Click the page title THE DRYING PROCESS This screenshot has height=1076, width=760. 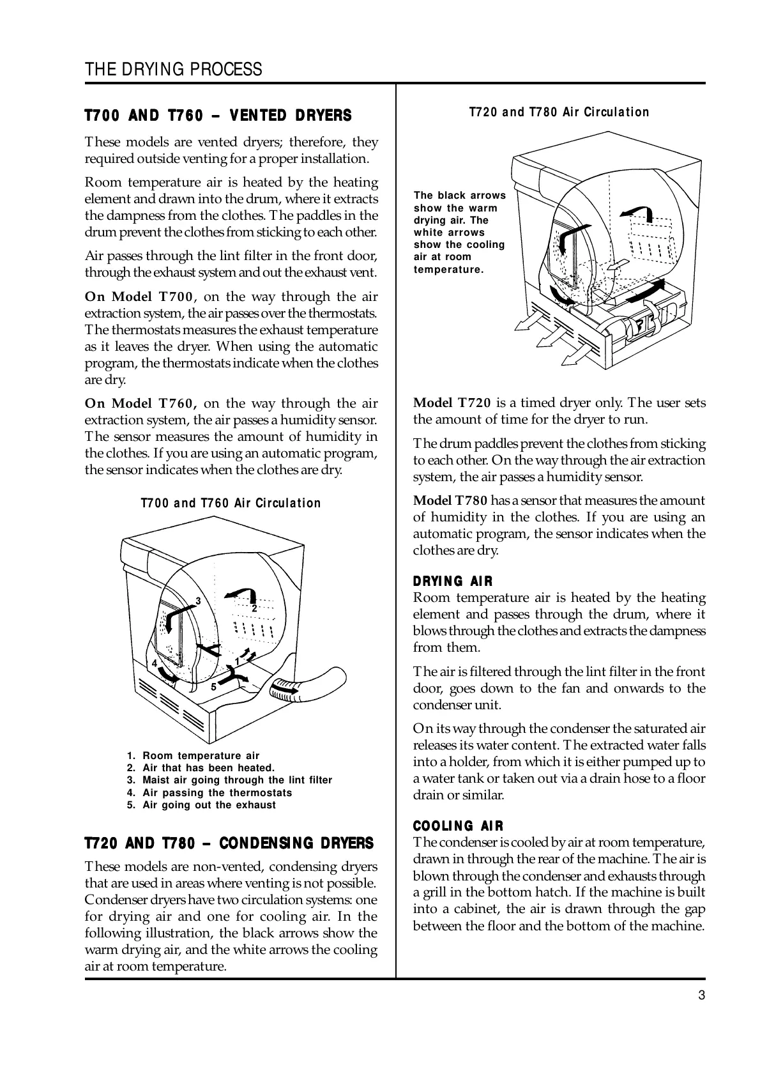173,70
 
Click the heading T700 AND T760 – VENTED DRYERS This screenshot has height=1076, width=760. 218,116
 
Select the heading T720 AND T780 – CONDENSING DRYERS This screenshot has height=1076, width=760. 229,843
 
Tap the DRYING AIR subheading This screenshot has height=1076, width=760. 453,581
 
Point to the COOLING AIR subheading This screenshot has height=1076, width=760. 458,826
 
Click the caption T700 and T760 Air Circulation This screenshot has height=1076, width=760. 231,503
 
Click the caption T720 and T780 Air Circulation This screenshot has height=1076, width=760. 559,112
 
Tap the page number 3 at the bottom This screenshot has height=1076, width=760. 701,995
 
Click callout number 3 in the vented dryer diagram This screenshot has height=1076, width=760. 198,601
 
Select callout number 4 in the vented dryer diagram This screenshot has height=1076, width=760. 155,664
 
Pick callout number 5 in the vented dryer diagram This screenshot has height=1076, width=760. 214,688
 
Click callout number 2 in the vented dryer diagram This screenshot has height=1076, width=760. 254,609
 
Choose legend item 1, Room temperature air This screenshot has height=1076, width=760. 194,756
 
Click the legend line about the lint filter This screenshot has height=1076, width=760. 229,780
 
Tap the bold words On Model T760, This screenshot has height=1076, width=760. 141,404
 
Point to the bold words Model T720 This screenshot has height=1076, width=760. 452,403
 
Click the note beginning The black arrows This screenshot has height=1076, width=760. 459,233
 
